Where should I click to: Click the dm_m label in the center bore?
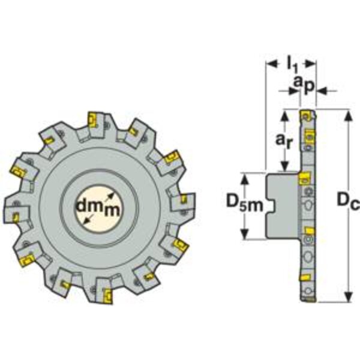[x=98, y=208]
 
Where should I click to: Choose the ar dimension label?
[x=284, y=140]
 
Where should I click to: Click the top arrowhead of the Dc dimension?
[x=349, y=115]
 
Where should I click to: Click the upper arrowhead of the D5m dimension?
[x=245, y=179]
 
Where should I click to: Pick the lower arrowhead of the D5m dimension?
[x=245, y=233]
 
